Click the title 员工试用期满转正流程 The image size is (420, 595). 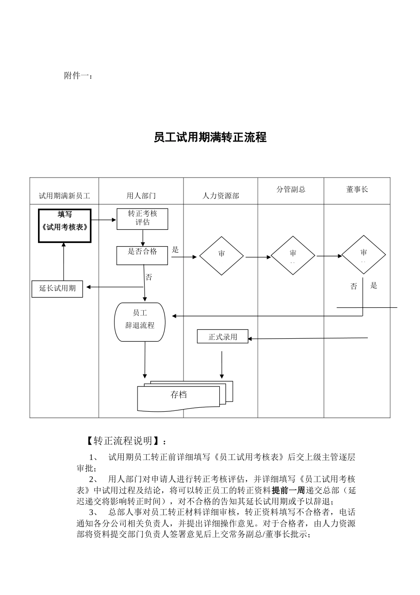click(x=210, y=137)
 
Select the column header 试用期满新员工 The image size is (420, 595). click(x=65, y=196)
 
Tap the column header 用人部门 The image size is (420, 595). click(x=141, y=196)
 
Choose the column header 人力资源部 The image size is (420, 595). click(x=221, y=196)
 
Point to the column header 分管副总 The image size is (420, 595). click(x=291, y=189)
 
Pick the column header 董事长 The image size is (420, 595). click(x=357, y=189)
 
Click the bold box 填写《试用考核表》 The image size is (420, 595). click(x=65, y=225)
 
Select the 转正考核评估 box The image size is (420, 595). click(x=142, y=219)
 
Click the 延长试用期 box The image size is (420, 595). click(x=57, y=289)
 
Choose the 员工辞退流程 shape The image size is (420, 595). click(x=140, y=322)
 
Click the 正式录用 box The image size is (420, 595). click(x=223, y=337)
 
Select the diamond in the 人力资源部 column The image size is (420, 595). click(x=221, y=256)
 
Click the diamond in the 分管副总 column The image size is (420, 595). click(x=293, y=256)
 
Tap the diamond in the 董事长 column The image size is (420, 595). click(x=363, y=255)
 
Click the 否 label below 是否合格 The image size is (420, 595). click(x=149, y=278)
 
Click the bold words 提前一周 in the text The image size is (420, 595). click(x=288, y=491)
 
